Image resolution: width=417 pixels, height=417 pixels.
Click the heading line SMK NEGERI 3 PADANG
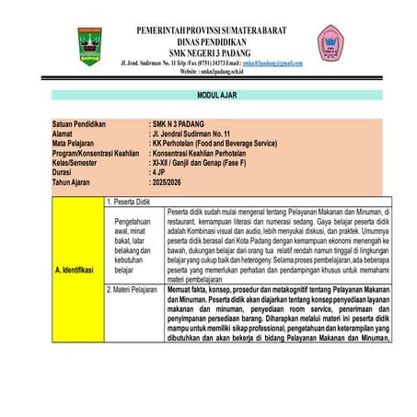click(x=211, y=52)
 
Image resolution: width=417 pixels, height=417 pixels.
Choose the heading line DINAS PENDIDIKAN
click(x=211, y=41)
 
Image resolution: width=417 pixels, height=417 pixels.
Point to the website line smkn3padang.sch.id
click(x=211, y=71)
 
